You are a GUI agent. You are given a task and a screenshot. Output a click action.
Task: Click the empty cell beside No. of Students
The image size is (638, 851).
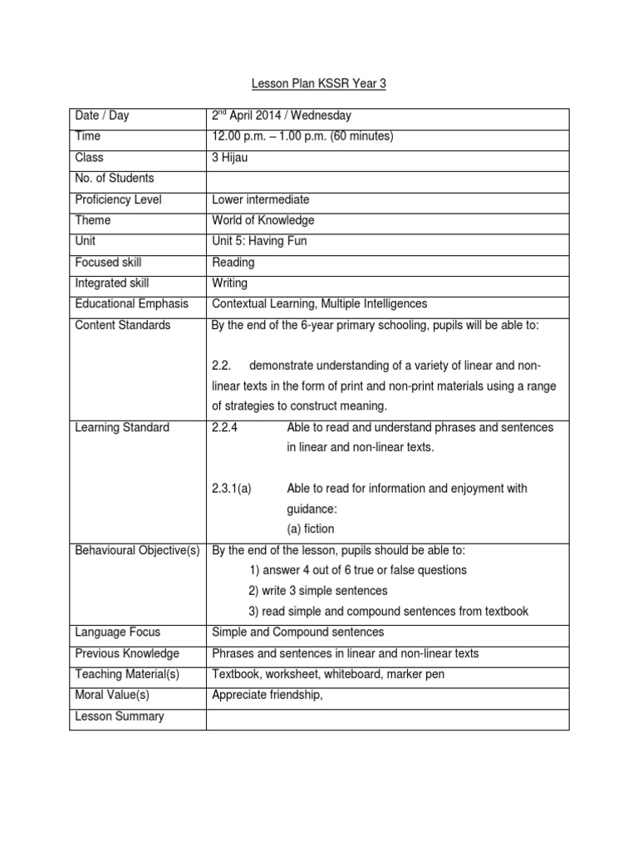(387, 179)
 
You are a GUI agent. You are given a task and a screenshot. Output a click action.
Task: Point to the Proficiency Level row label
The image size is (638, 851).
(118, 199)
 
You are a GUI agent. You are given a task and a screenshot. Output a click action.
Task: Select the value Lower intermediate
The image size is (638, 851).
(261, 199)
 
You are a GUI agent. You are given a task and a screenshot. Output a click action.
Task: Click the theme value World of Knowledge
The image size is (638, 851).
(263, 220)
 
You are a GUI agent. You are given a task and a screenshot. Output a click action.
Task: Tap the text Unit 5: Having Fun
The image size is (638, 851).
(259, 241)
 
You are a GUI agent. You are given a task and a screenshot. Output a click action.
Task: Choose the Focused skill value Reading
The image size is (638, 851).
(233, 263)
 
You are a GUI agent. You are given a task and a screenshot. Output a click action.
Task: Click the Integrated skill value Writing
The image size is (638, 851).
(230, 283)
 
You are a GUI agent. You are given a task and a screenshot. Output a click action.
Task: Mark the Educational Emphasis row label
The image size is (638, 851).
(131, 304)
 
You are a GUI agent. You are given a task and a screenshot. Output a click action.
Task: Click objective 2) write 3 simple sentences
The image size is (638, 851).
(317, 591)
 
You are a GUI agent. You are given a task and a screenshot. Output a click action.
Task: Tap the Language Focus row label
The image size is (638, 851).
(117, 632)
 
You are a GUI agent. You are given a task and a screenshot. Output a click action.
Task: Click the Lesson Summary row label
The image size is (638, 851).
(119, 716)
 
